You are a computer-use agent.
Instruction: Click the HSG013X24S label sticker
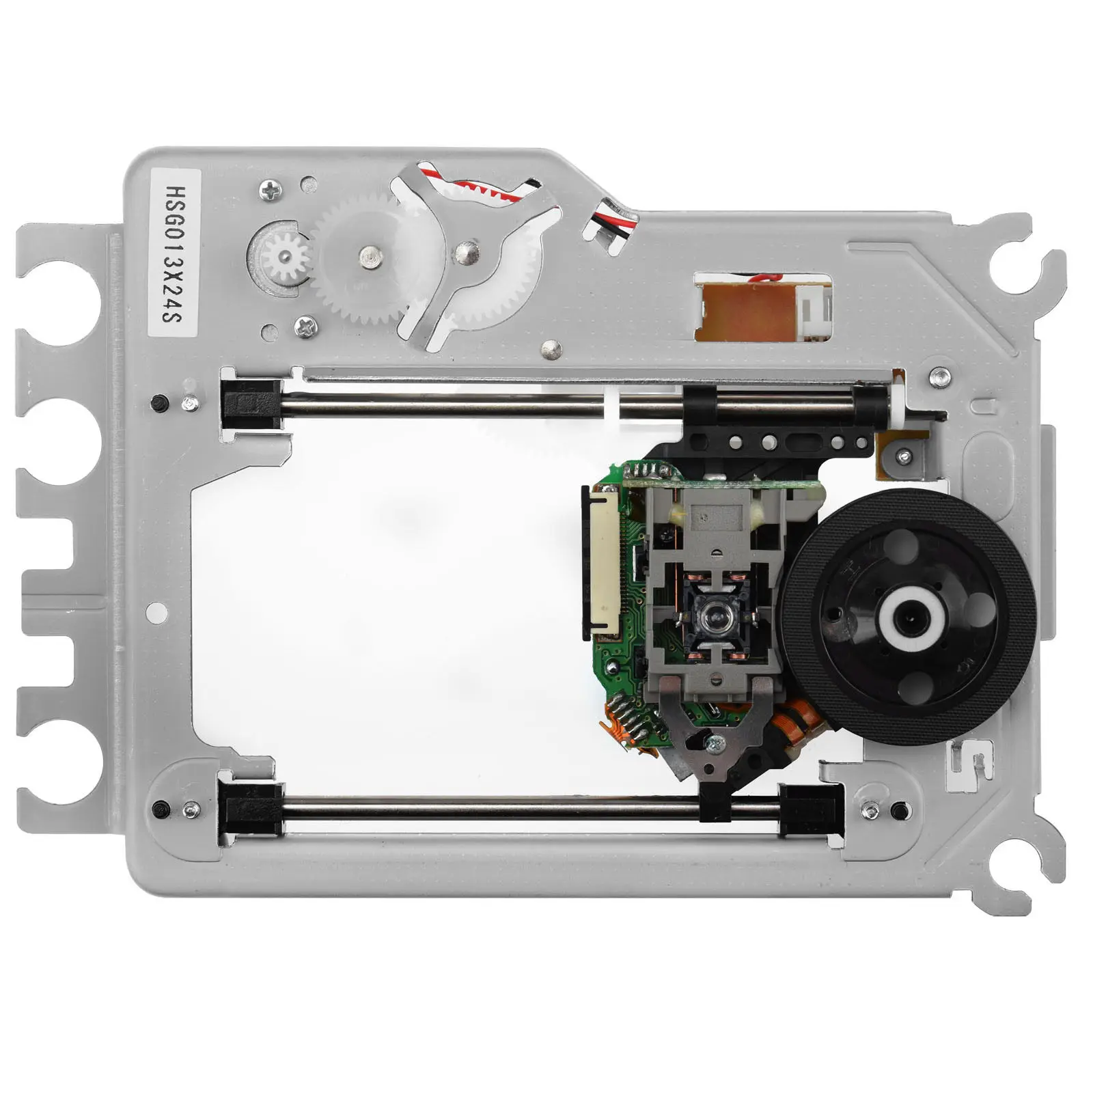click(174, 253)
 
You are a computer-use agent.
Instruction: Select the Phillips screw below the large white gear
click(305, 328)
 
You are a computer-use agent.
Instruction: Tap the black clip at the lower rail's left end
click(249, 810)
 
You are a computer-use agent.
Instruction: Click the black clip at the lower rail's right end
click(810, 810)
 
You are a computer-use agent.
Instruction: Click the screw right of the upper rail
click(941, 374)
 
